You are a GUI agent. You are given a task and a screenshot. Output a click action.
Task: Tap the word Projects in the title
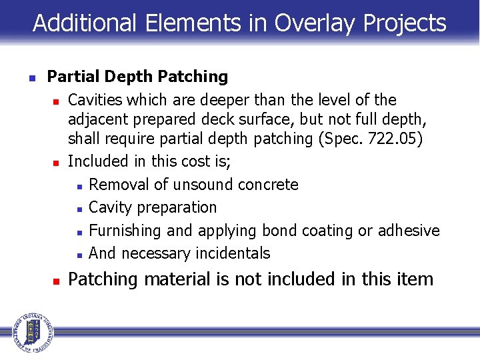point(405,23)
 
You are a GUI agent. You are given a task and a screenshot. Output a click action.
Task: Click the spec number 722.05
point(395,139)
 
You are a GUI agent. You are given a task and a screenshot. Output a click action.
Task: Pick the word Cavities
point(95,100)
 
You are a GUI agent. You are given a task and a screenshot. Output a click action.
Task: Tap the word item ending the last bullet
point(415,279)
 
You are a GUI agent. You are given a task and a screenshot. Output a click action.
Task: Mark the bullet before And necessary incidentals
point(79,255)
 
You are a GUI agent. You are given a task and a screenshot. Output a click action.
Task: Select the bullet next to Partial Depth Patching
point(31,77)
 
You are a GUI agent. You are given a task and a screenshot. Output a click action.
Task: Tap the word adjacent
point(99,119)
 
